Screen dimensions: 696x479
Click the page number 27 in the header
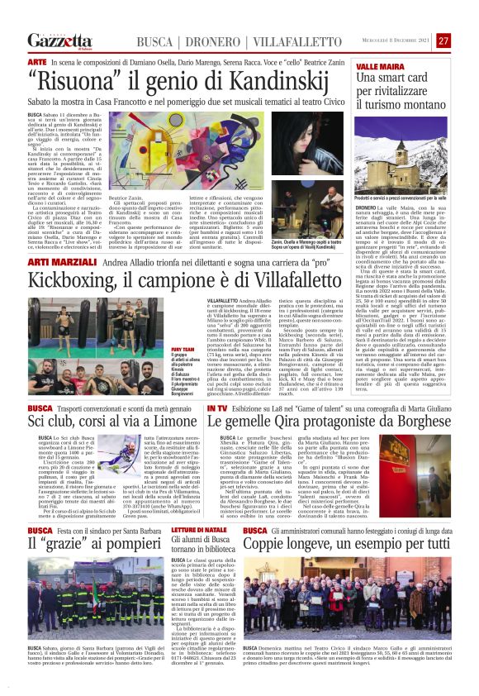click(443, 41)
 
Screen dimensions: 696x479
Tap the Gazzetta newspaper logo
click(59, 41)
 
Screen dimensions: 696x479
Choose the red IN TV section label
click(216, 408)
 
